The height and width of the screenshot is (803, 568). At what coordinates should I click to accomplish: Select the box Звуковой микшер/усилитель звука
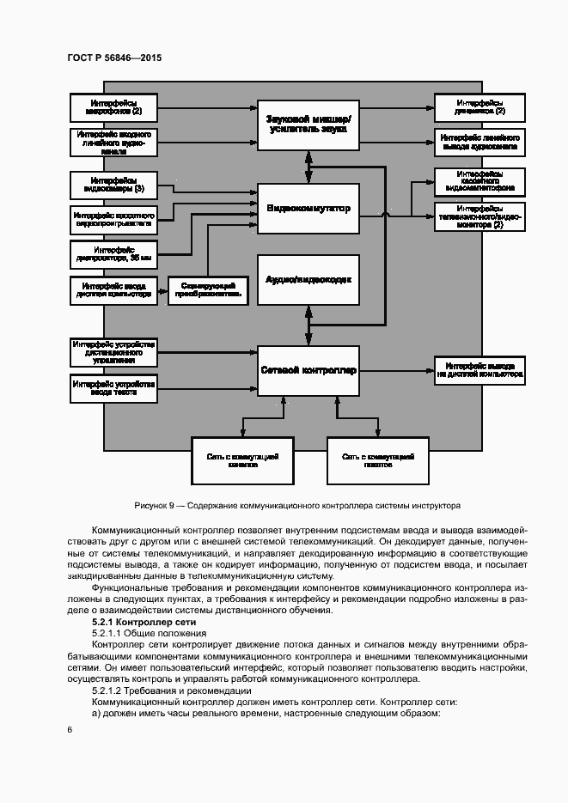308,123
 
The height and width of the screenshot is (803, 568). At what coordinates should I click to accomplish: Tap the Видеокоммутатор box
308,208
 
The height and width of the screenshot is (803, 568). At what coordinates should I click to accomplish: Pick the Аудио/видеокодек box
308,279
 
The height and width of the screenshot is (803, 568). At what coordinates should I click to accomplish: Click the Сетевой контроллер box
308,370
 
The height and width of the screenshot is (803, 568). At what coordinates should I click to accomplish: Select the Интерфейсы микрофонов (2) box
113,107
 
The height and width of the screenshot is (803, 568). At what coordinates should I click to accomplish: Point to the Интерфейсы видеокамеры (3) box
113,184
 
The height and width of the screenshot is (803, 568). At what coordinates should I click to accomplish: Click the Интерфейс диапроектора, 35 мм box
113,252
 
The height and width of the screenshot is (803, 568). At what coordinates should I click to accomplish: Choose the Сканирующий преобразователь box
205,289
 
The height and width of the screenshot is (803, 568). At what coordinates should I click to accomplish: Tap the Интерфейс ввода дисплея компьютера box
113,289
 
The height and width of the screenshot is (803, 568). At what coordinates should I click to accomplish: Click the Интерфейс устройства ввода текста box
113,388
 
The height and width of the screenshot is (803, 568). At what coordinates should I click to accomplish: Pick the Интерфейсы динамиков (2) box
479,107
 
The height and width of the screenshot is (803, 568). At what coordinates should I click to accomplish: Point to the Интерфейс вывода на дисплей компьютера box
479,370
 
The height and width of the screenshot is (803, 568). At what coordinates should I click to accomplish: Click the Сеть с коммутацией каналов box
242,461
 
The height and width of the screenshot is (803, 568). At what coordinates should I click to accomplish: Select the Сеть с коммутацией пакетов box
377,461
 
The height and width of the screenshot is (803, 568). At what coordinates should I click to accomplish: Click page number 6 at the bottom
70,730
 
